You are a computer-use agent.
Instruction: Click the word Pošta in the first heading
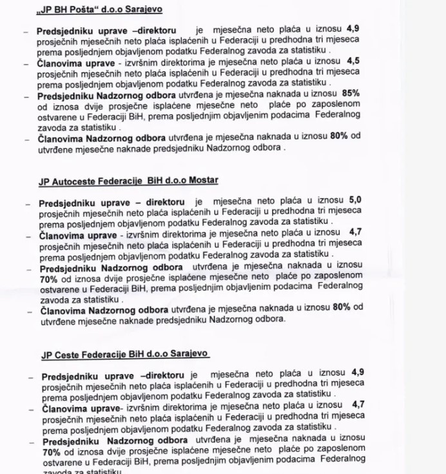click(x=90, y=10)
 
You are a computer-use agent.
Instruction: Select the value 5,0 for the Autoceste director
click(x=355, y=201)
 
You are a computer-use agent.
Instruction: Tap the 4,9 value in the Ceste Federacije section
click(x=358, y=373)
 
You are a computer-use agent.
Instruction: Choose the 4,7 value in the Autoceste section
click(x=355, y=232)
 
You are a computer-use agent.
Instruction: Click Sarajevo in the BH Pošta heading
click(x=142, y=10)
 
